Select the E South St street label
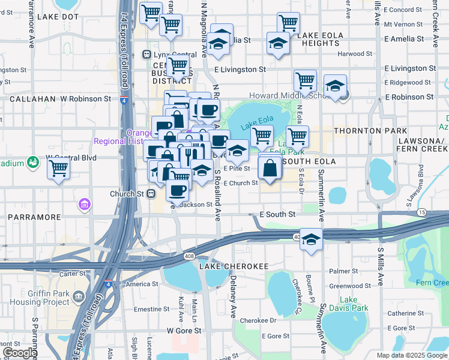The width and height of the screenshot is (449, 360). (277, 214)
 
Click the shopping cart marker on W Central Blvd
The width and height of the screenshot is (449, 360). (59, 168)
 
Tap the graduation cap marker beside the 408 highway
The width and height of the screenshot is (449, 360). (310, 239)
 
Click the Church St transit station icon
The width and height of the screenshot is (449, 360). (151, 194)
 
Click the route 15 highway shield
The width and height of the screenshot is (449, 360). (422, 212)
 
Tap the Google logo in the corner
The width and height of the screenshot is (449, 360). (20, 353)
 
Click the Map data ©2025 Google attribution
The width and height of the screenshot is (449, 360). (412, 355)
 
